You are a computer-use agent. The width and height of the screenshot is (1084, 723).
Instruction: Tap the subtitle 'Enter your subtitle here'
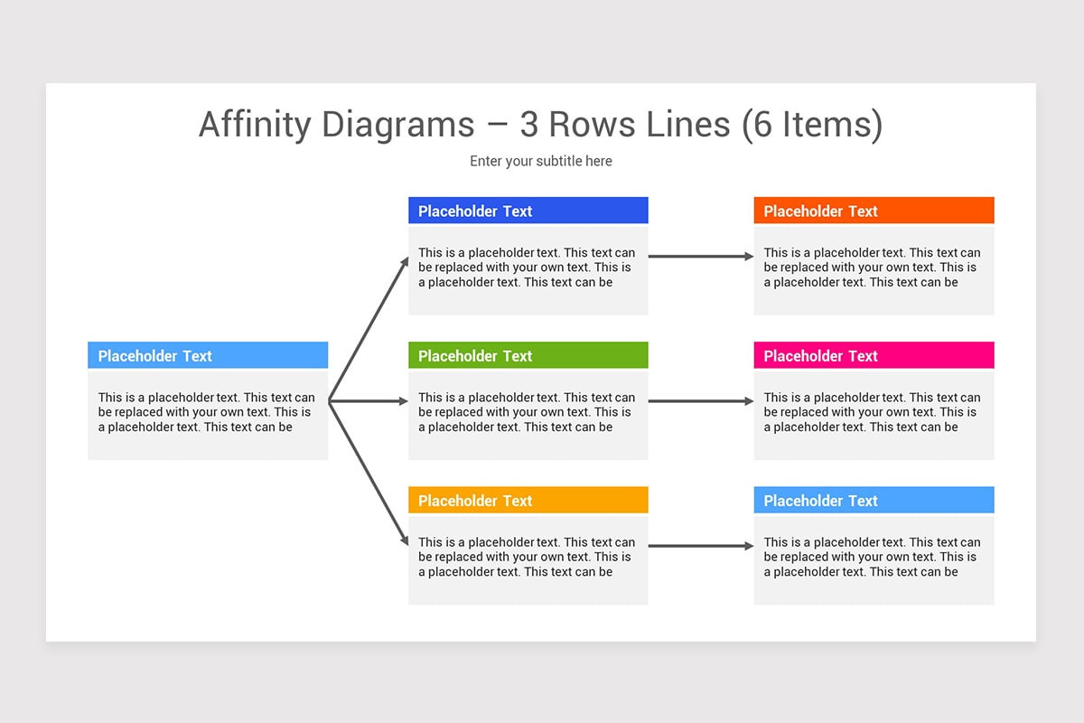pyautogui.click(x=541, y=161)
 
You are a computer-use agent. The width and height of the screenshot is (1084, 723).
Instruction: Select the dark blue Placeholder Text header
pyautogui.click(x=528, y=211)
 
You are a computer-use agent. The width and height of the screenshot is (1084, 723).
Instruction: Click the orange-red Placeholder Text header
pyautogui.click(x=874, y=211)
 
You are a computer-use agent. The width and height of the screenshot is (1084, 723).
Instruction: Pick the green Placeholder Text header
pyautogui.click(x=528, y=355)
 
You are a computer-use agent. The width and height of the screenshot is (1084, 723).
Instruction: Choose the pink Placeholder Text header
pyautogui.click(x=874, y=355)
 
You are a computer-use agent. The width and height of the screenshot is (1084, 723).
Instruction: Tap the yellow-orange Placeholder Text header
pyautogui.click(x=528, y=500)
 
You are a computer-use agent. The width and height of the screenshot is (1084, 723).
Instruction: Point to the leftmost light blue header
pyautogui.click(x=208, y=355)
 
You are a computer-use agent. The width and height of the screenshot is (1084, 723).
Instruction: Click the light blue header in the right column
pyautogui.click(x=874, y=500)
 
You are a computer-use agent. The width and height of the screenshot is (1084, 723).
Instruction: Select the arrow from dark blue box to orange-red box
pyautogui.click(x=700, y=257)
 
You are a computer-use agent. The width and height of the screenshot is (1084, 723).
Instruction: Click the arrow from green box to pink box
pyautogui.click(x=700, y=401)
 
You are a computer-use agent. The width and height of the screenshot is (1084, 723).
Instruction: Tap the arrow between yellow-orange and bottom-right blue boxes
pyautogui.click(x=700, y=546)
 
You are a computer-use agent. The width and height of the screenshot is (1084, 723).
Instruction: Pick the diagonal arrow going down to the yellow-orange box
pyautogui.click(x=369, y=474)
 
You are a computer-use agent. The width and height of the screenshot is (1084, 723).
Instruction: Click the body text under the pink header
pyautogui.click(x=872, y=412)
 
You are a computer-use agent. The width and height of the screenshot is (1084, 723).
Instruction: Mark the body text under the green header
pyautogui.click(x=527, y=412)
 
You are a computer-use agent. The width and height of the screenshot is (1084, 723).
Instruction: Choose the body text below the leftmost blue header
pyautogui.click(x=207, y=412)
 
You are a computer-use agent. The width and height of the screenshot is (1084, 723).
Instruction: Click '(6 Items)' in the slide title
pyautogui.click(x=812, y=125)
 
